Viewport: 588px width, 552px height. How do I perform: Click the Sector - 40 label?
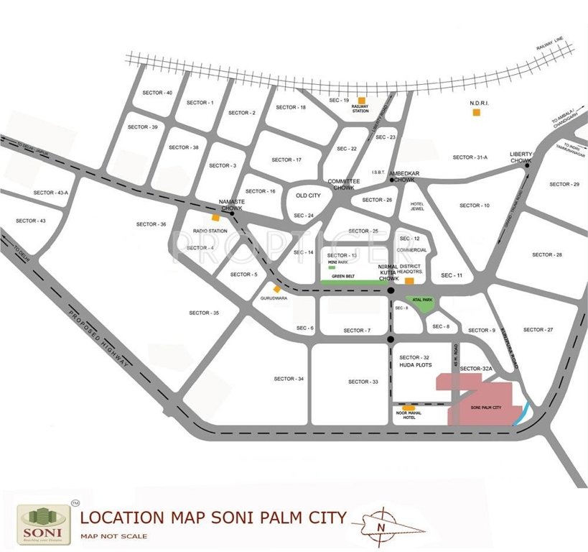coord(157,93)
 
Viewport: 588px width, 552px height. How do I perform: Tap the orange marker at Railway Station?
coord(361,100)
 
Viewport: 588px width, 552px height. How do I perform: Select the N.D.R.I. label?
coord(480,103)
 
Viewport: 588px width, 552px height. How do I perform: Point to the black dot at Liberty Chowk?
coord(527,165)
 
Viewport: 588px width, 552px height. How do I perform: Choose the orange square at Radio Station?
coord(215,218)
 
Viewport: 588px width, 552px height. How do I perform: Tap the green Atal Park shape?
coord(419,303)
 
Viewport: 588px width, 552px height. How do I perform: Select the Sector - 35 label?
coord(204,313)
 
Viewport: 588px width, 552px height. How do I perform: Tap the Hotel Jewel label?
coord(418,206)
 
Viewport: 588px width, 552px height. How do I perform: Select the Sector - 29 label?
coord(564,185)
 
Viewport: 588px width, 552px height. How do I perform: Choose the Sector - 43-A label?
coord(51,193)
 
